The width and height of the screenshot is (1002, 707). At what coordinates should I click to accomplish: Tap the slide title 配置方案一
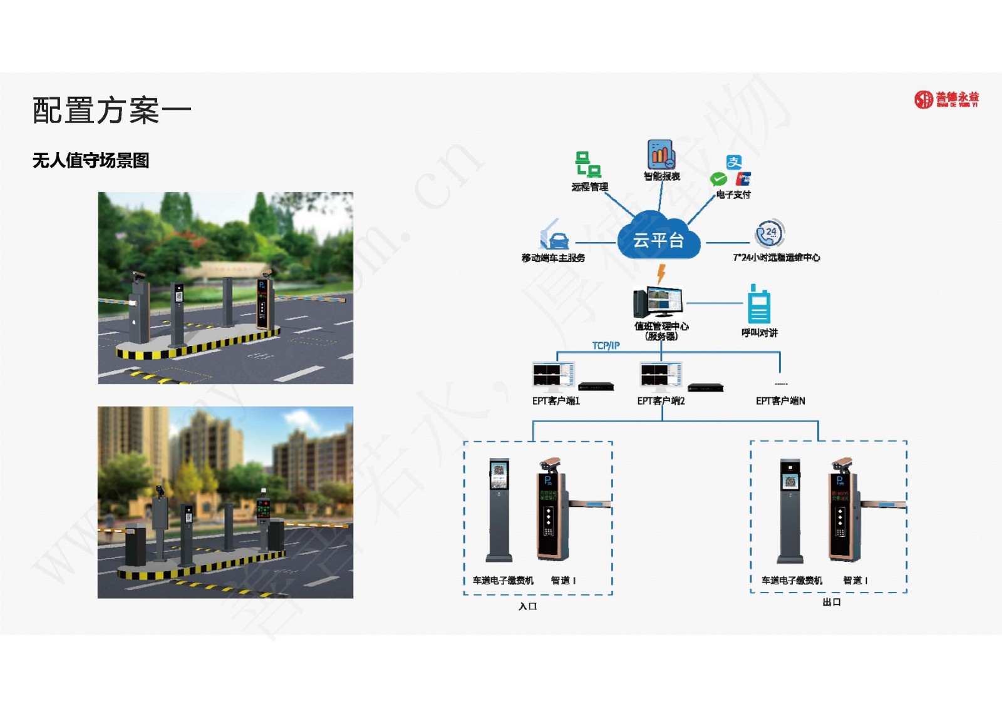[x=111, y=111]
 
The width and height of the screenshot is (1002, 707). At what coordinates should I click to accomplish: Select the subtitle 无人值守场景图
[x=91, y=161]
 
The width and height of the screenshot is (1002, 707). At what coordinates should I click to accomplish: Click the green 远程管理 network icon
[x=588, y=164]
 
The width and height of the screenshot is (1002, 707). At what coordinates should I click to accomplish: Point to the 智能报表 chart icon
[x=661, y=154]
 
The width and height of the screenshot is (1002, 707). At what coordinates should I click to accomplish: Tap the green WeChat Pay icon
[x=718, y=180]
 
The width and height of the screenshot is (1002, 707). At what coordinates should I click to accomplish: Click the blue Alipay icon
[x=734, y=163]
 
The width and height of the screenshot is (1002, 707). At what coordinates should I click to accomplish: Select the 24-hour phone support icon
[x=770, y=234]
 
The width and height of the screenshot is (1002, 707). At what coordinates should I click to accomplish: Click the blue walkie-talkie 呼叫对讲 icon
[x=759, y=305]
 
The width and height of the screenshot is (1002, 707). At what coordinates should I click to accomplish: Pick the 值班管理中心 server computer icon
[x=658, y=302]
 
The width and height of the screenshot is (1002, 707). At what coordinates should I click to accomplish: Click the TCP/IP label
[x=606, y=345]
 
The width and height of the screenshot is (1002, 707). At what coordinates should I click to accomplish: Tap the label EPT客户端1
[x=556, y=401]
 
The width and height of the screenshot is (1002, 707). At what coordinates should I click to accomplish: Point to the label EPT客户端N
[x=780, y=401]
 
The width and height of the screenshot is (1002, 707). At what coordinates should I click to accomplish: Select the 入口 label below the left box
[x=528, y=606]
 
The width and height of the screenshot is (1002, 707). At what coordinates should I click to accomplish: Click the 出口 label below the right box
[x=832, y=602]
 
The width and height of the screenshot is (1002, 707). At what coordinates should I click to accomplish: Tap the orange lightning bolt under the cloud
[x=661, y=273]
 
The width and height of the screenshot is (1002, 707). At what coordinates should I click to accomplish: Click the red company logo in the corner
[x=946, y=99]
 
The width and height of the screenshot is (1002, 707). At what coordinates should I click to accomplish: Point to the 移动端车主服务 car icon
[x=554, y=236]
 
